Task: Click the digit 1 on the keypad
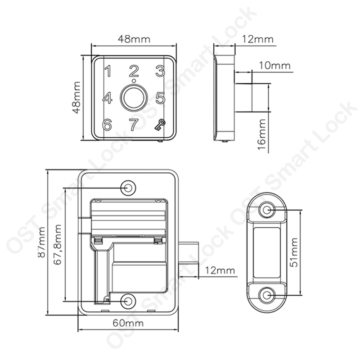108,71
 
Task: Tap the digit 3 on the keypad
160,71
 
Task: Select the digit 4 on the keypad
107,98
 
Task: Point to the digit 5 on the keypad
161,98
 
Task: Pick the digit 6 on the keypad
107,125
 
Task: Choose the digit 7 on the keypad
134,125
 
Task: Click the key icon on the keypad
160,125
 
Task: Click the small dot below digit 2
133,81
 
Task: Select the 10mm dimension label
274,65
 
